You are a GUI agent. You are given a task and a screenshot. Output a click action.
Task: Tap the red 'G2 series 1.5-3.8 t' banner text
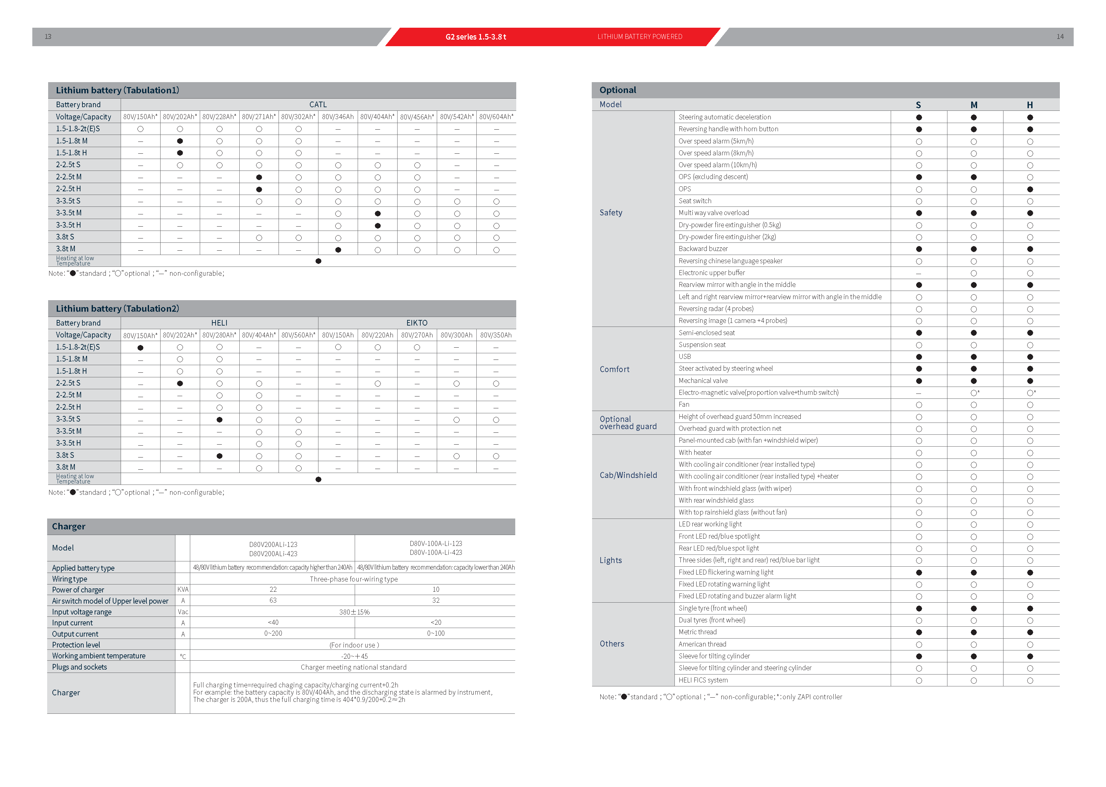click(x=475, y=37)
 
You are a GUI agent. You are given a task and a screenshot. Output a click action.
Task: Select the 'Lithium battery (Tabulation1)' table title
click(x=117, y=90)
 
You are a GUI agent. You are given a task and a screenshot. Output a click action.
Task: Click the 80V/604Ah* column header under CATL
click(x=496, y=117)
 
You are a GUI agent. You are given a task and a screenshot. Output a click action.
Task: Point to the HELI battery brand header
click(x=219, y=323)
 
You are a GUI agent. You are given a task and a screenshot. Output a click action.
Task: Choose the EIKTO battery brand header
click(x=416, y=323)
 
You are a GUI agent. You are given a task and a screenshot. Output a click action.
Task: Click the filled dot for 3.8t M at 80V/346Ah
click(x=338, y=250)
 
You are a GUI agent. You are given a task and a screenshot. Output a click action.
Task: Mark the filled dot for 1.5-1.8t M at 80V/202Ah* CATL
click(x=180, y=141)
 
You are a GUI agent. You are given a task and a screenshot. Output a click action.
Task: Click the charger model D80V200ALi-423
click(x=273, y=553)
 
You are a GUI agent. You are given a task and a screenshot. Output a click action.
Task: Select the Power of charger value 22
click(x=273, y=589)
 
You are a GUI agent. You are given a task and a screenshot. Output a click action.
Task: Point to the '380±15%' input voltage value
click(x=354, y=612)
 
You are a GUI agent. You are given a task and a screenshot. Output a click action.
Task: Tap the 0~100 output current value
click(x=436, y=633)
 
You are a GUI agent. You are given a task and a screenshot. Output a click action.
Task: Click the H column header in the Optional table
click(x=1030, y=105)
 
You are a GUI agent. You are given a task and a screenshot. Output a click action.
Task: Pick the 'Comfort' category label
click(x=614, y=369)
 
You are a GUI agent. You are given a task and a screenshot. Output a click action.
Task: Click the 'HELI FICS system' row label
click(x=703, y=680)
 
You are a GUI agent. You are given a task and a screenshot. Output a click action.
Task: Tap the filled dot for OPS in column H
click(x=1030, y=189)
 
